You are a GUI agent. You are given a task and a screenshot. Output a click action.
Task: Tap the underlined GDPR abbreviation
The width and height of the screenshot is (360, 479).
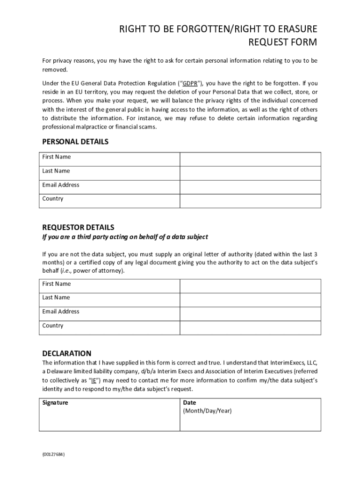(x=189, y=84)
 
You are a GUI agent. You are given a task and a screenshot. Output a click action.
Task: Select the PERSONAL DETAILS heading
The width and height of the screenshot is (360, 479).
(x=75, y=142)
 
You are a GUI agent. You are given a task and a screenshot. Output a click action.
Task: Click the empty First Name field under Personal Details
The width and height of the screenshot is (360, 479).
(x=250, y=159)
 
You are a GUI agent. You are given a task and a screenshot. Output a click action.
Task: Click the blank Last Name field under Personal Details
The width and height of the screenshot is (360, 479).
(x=250, y=173)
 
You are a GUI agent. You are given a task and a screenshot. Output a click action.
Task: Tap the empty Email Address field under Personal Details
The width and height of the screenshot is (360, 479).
(x=250, y=187)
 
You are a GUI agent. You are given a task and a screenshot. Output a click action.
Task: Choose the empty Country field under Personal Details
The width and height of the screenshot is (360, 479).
(x=250, y=201)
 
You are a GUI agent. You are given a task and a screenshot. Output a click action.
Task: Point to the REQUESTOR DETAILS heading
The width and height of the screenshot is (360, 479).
(x=78, y=227)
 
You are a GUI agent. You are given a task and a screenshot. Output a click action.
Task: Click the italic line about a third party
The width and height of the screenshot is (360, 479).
(x=125, y=237)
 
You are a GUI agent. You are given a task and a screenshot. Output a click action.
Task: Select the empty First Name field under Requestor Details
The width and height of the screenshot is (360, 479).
(x=250, y=286)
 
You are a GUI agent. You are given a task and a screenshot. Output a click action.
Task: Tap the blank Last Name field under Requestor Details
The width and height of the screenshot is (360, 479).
(x=250, y=300)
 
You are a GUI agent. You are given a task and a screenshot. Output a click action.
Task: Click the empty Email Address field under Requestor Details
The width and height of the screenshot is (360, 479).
(x=250, y=314)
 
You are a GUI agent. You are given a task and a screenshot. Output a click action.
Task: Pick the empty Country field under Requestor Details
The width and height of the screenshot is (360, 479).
(x=250, y=327)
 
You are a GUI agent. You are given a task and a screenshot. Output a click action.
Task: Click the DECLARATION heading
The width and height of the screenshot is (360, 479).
(x=67, y=353)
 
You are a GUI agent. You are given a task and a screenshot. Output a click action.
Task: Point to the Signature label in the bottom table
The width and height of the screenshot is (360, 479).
(x=55, y=403)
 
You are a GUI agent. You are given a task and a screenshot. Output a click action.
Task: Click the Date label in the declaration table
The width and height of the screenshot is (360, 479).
(x=189, y=403)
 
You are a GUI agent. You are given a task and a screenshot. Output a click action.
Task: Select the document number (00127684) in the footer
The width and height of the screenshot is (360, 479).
(x=52, y=454)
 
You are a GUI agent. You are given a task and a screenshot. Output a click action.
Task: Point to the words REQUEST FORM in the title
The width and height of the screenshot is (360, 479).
(x=282, y=43)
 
